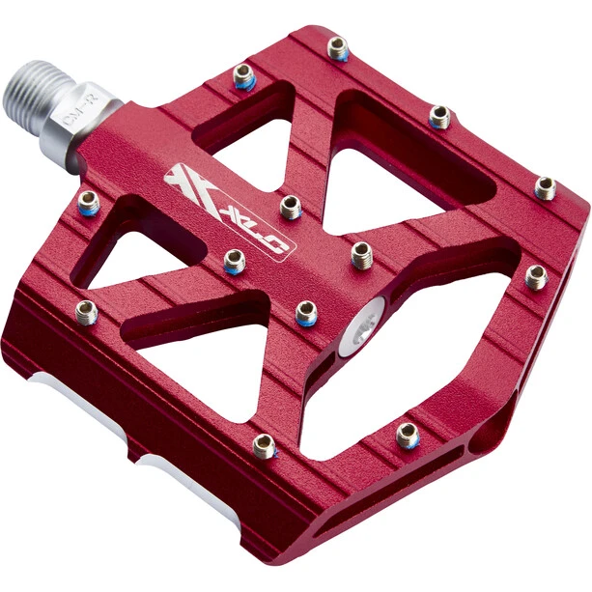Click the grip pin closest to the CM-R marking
click(243, 76)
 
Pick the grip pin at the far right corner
click(546, 187)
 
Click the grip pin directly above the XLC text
click(291, 206)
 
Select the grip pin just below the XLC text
click(234, 260)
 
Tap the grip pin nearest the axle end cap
click(361, 254)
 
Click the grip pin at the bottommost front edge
click(264, 445)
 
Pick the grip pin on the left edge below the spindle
click(89, 202)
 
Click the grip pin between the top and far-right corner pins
click(439, 117)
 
